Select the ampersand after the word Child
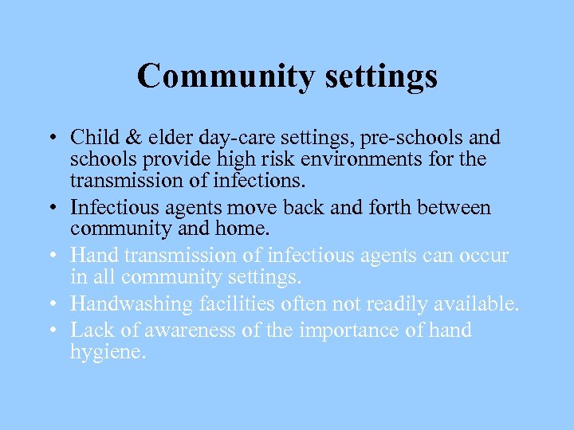coord(124,138)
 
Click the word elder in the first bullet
coord(158,138)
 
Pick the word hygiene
coord(108,353)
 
